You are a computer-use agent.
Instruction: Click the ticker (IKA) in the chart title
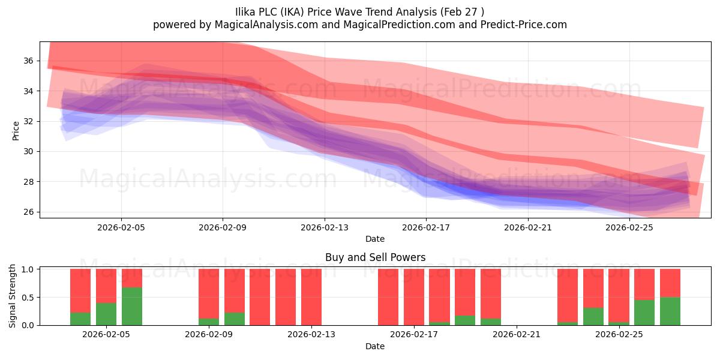click(x=292, y=12)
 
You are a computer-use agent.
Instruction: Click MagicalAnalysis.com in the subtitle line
click(x=266, y=25)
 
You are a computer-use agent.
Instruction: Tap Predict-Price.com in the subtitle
click(x=524, y=25)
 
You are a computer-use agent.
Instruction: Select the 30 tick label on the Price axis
click(x=28, y=151)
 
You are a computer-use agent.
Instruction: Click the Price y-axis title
click(x=16, y=131)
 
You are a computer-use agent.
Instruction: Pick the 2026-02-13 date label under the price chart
click(x=325, y=227)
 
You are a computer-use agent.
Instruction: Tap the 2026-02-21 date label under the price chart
click(x=528, y=227)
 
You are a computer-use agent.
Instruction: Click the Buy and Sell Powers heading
click(x=375, y=257)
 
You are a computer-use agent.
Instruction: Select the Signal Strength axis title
click(x=12, y=296)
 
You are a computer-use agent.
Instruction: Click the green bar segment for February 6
click(x=132, y=307)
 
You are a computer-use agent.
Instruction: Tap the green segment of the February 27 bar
click(x=670, y=311)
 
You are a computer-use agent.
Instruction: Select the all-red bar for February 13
click(x=311, y=297)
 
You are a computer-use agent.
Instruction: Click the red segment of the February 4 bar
click(x=80, y=290)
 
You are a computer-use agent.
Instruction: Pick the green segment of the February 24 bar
click(x=593, y=317)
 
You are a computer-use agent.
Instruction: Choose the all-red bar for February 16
click(x=388, y=297)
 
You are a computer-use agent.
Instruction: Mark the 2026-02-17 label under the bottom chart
click(x=414, y=334)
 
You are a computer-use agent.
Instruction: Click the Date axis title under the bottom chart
click(x=375, y=346)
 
